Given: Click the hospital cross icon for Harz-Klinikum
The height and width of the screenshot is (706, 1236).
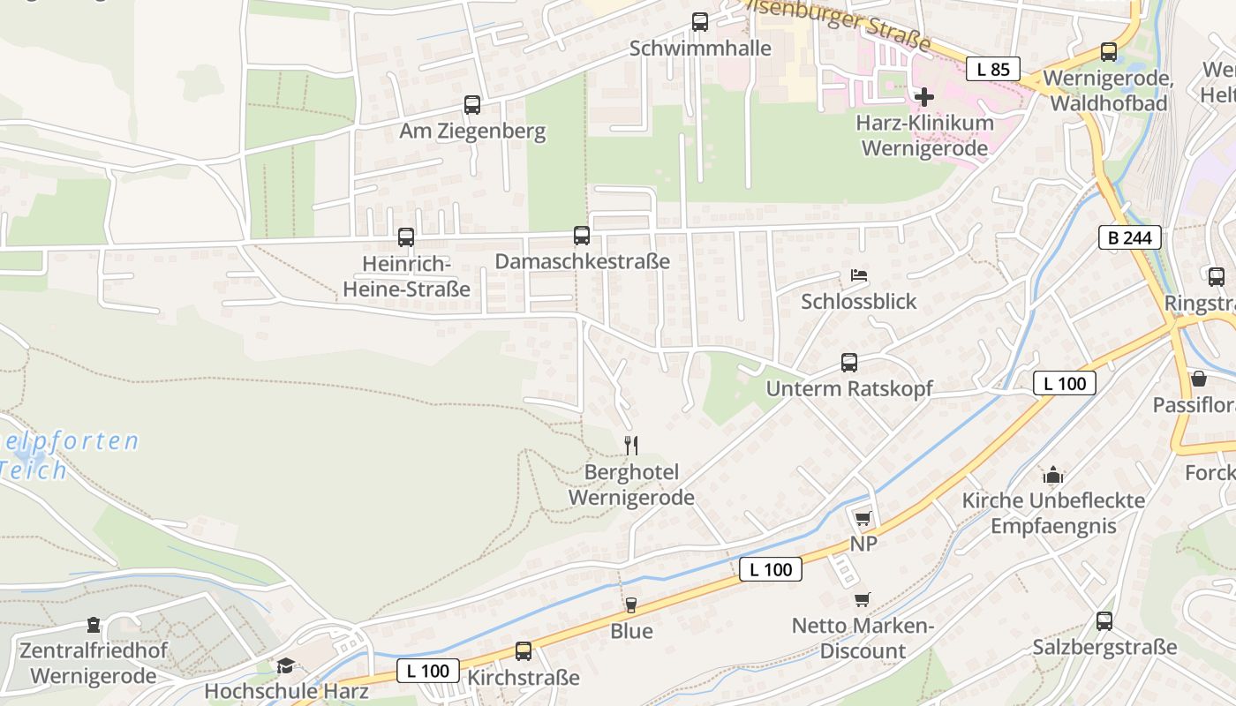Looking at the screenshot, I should [924, 96].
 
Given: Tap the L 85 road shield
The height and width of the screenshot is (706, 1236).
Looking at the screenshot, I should [992, 69].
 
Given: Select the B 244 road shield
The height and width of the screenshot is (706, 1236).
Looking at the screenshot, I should [1129, 237].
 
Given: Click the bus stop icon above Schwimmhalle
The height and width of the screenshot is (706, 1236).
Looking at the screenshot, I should [700, 22].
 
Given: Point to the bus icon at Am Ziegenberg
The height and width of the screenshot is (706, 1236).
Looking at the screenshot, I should [472, 105].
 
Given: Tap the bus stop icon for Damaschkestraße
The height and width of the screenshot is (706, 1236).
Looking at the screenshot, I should [582, 236].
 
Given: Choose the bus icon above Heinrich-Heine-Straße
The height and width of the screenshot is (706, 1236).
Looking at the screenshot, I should [406, 237].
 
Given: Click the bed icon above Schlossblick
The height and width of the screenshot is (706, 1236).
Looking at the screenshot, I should [858, 275].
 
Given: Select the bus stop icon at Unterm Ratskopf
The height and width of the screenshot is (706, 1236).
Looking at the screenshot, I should [849, 363].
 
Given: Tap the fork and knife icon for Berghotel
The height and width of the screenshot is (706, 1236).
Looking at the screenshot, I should [630, 445].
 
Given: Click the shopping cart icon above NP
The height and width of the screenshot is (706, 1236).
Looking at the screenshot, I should [863, 518].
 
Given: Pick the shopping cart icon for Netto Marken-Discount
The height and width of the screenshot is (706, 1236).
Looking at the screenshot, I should [863, 600].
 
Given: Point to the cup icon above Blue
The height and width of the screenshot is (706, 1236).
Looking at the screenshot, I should [630, 605].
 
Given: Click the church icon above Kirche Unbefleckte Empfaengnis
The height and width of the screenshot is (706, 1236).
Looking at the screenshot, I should [1052, 475].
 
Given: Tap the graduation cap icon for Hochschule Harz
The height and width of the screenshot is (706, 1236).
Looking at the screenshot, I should [285, 665].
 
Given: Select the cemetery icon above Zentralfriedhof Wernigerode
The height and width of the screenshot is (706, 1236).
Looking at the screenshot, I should [94, 626].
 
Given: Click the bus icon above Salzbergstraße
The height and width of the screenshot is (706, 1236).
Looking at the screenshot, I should [1104, 621].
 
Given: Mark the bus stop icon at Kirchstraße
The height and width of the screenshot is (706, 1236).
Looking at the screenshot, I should [524, 651].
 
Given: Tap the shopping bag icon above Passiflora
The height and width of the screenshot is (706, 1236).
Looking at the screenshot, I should [1199, 379].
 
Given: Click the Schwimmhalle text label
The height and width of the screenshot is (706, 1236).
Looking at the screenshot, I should [700, 48].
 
